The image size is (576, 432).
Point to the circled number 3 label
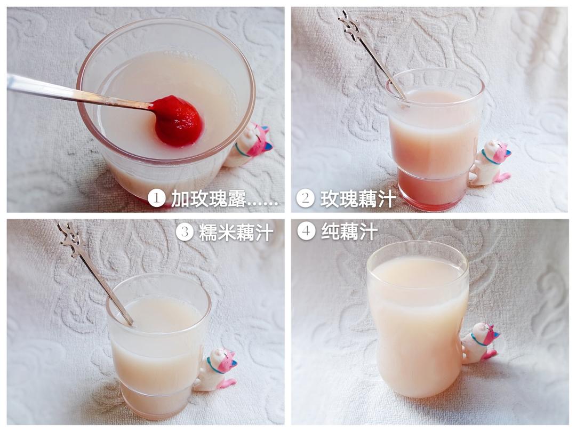(x=185, y=232)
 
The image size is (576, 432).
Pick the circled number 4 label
(x=306, y=231)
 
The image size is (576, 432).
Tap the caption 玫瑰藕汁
(x=358, y=198)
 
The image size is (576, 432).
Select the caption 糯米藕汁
(x=236, y=232)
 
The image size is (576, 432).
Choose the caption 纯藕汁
(x=349, y=232)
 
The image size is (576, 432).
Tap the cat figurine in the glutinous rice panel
(x=216, y=370)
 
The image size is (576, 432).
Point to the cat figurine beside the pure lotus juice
(x=480, y=343)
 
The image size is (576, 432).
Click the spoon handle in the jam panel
(x=79, y=92)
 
